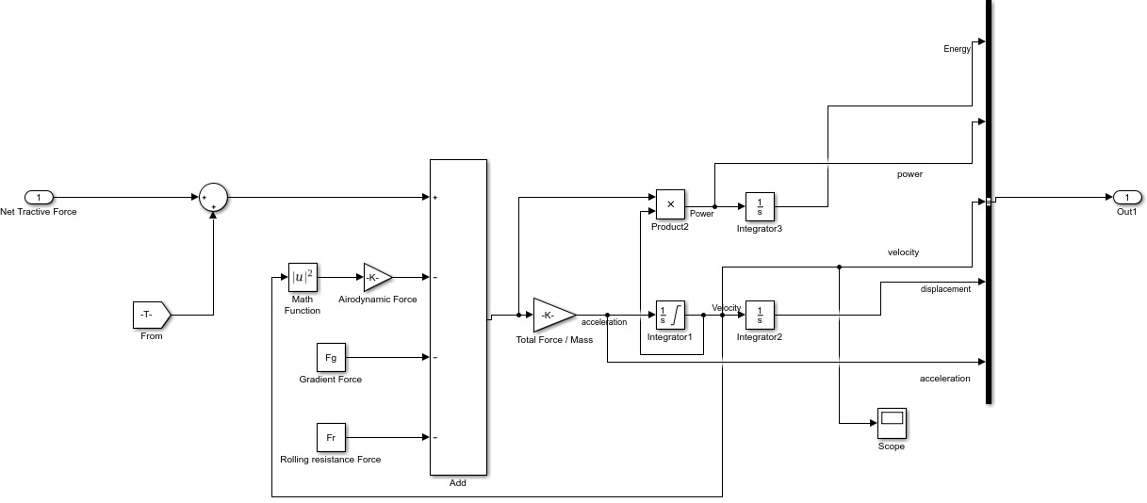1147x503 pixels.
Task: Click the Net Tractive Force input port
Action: point(39,198)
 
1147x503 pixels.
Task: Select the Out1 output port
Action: point(1127,198)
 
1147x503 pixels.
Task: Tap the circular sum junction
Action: point(213,198)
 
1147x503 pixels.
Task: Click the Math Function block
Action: point(303,278)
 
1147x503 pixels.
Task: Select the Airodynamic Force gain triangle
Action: point(376,278)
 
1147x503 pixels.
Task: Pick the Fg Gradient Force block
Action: point(331,358)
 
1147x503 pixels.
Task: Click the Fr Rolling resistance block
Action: point(331,438)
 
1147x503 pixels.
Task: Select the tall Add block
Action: point(458,317)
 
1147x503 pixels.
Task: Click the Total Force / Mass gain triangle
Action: point(551,315)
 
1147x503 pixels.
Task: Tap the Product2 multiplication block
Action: point(670,203)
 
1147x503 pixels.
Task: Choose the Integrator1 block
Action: point(670,316)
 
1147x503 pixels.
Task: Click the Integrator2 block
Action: point(760,316)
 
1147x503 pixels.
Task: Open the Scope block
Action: point(891,423)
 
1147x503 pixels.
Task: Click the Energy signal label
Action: point(957,49)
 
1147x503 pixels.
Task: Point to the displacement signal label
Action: point(945,289)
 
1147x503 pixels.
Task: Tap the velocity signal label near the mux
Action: point(903,252)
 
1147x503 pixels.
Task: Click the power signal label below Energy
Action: point(909,174)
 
